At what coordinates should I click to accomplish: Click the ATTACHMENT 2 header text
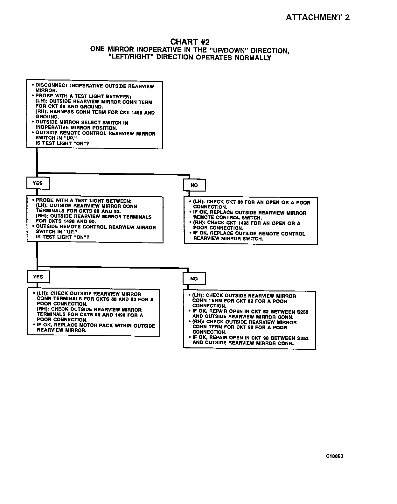click(317, 17)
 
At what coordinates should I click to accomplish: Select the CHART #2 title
click(190, 42)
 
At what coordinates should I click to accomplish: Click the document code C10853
click(334, 456)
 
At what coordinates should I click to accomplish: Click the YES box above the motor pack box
click(38, 277)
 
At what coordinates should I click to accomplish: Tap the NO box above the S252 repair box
click(194, 279)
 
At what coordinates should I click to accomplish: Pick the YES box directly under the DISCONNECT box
click(38, 183)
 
